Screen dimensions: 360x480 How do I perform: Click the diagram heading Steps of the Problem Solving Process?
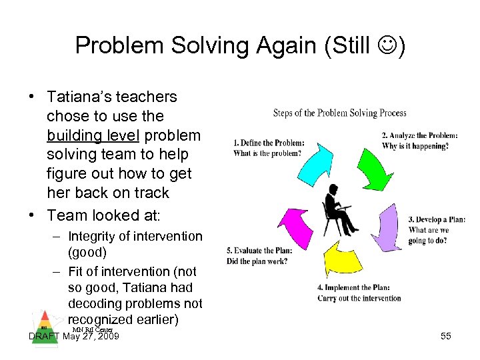(339, 113)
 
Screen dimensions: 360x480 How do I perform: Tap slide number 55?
(446, 337)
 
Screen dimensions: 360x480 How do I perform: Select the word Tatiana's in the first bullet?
(79, 97)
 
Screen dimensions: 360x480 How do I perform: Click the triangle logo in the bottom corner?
(43, 321)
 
